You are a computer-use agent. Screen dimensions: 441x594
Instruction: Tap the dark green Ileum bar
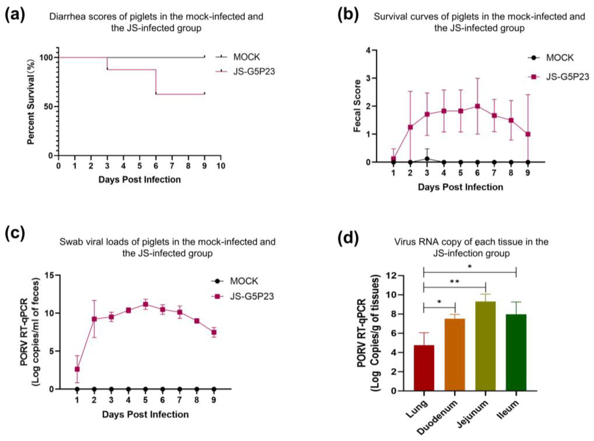tap(516, 352)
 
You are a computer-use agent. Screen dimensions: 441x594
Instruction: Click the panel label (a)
tap(15, 15)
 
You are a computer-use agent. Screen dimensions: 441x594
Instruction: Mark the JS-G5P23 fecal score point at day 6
tap(477, 106)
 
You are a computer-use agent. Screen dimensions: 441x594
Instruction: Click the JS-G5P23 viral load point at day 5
tap(145, 304)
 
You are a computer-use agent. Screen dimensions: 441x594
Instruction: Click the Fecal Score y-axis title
tap(357, 106)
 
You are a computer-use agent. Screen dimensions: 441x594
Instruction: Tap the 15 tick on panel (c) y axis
tap(50, 275)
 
